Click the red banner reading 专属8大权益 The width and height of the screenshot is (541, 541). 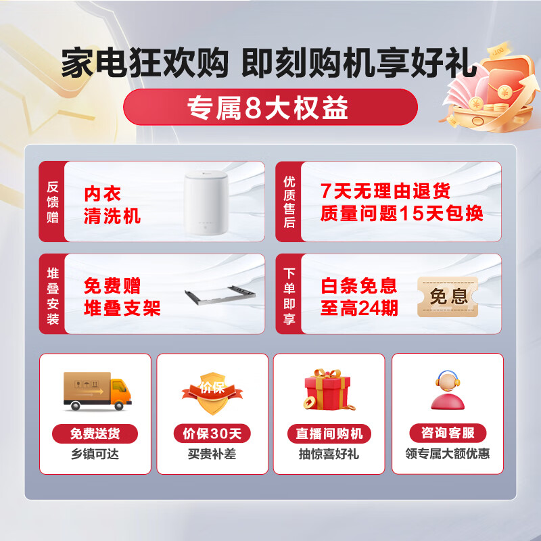click(x=270, y=107)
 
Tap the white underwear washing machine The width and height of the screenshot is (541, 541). click(x=208, y=202)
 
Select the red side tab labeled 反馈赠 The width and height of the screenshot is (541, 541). click(x=52, y=202)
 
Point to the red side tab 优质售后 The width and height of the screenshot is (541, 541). click(x=289, y=202)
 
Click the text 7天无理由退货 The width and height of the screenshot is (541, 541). click(x=385, y=191)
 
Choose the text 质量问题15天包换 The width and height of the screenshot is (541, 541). click(x=402, y=214)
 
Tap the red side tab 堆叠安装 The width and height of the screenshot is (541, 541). click(x=52, y=293)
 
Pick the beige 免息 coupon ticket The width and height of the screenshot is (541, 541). click(x=448, y=297)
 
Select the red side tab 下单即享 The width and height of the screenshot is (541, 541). click(x=289, y=293)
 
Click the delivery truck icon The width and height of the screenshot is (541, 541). click(x=97, y=390)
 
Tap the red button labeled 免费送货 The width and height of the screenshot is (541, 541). click(x=95, y=433)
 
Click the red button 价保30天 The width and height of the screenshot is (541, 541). click(x=212, y=433)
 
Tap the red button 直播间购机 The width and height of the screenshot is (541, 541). click(x=329, y=433)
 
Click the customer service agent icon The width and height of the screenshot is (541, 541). click(x=447, y=390)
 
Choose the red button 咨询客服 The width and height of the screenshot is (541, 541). click(x=447, y=433)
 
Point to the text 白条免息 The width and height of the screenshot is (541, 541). click(x=358, y=285)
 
